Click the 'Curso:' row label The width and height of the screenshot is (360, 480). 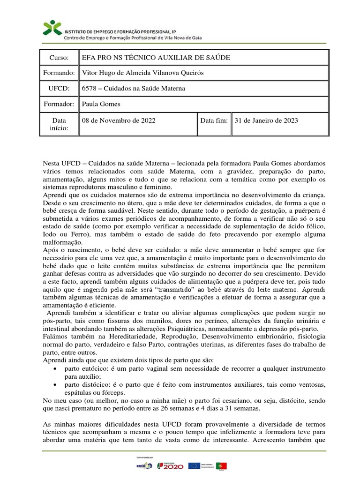pos(60,57)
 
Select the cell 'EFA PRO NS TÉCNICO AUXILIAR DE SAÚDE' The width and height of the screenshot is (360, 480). pos(156,57)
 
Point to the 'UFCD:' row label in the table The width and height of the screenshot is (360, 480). pos(60,89)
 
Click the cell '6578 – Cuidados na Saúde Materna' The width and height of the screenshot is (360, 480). pos(134,89)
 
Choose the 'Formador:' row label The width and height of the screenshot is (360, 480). pos(60,104)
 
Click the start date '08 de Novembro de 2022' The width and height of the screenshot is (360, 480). pos(119,120)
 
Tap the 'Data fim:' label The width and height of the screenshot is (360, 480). pos(214,120)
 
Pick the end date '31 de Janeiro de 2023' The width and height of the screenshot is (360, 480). pos(265,120)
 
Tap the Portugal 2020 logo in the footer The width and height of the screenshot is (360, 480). pos(171,465)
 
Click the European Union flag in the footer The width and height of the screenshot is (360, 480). pos(194,465)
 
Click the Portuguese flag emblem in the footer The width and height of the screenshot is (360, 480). pos(222,465)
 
